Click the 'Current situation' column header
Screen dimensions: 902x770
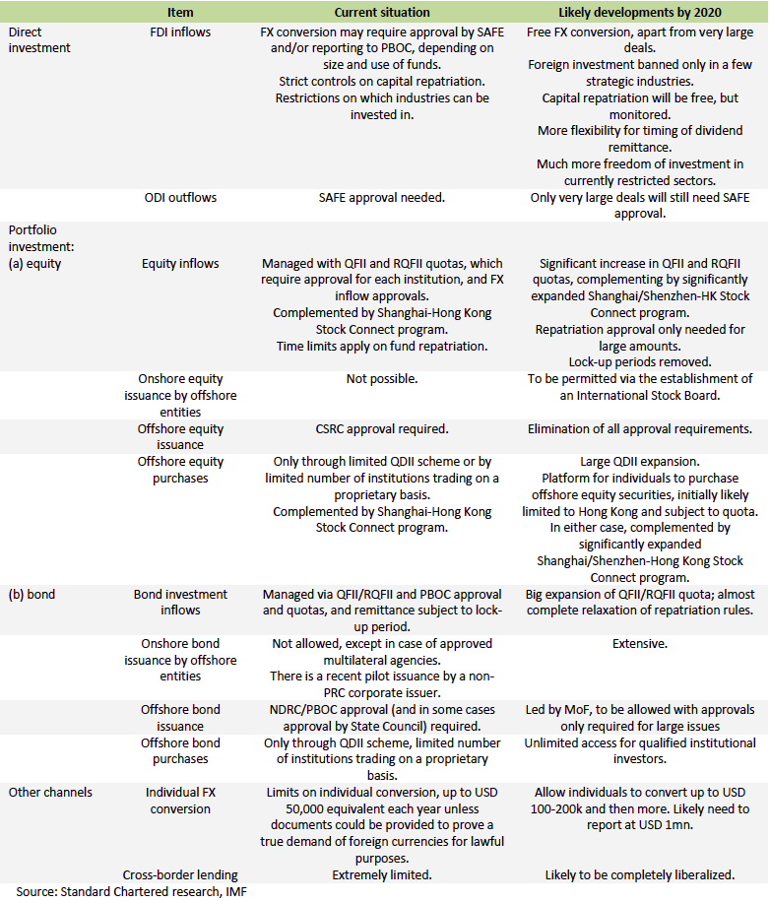click(x=382, y=12)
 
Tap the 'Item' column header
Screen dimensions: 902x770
click(x=180, y=12)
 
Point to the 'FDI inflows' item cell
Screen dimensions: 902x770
click(x=180, y=32)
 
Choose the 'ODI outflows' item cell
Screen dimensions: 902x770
click(x=180, y=197)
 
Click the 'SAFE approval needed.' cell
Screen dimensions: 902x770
click(x=382, y=197)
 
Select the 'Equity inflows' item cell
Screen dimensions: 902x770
click(x=180, y=263)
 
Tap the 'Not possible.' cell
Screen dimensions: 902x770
click(x=382, y=379)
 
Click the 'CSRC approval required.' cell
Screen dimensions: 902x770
click(x=382, y=428)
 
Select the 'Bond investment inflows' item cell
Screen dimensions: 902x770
click(x=180, y=602)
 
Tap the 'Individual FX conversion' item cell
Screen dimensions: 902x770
click(x=180, y=800)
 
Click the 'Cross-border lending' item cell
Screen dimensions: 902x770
click(x=180, y=874)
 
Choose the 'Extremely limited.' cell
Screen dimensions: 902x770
click(x=382, y=874)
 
